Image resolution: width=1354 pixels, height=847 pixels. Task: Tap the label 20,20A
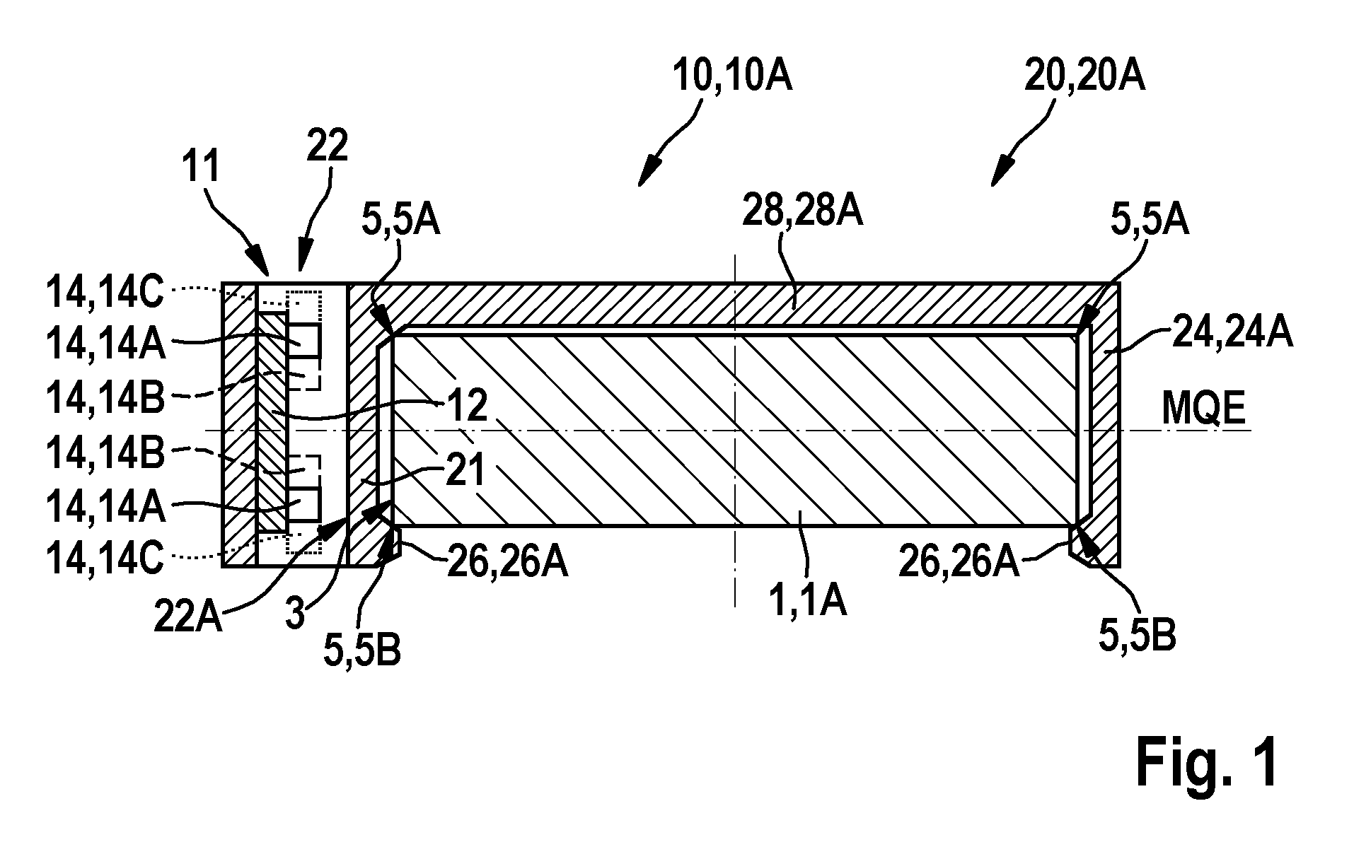coord(1085,76)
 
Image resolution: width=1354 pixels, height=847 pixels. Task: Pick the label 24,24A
coord(1232,332)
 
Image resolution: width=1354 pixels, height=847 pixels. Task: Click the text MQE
coord(1203,409)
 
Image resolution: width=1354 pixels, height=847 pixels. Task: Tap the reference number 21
coord(465,471)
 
